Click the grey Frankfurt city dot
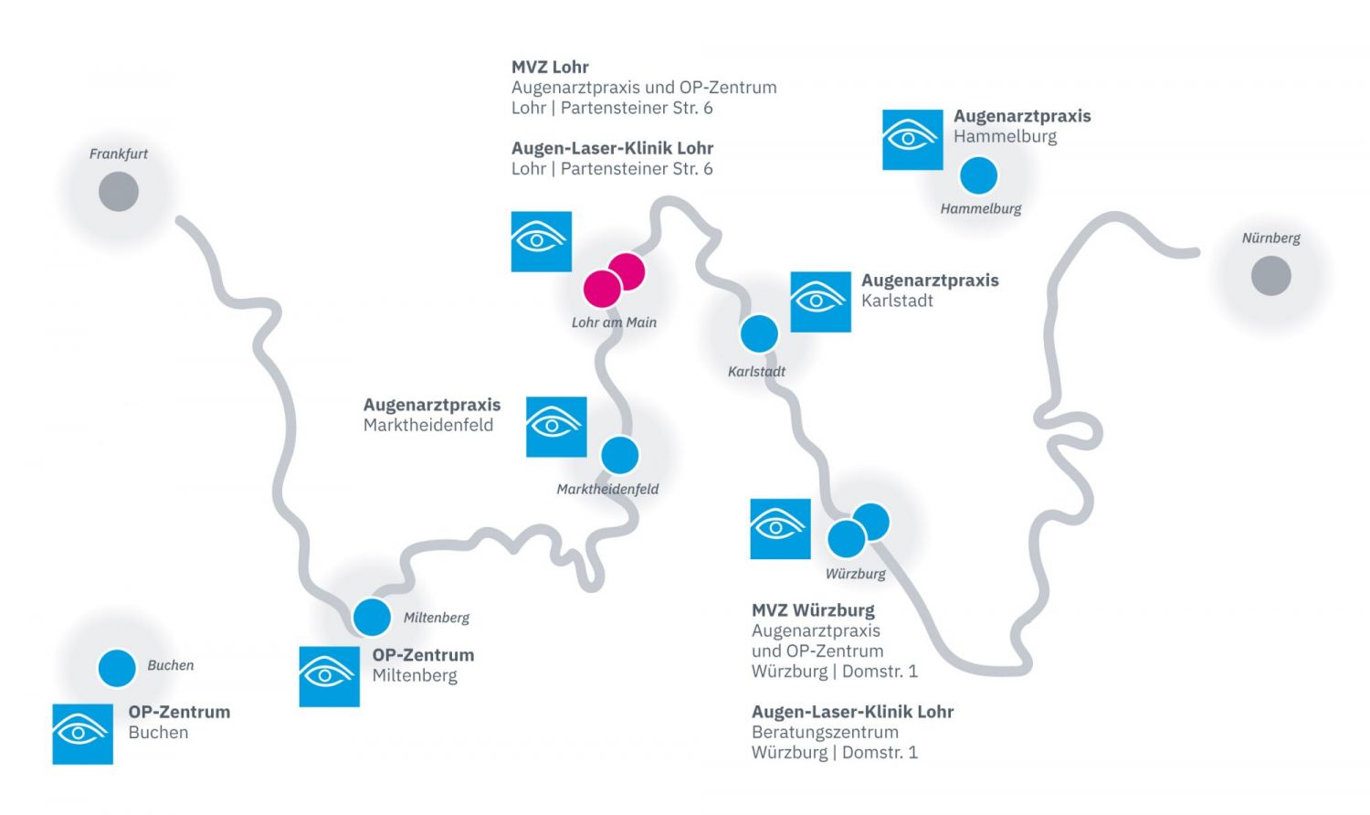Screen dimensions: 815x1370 click(119, 192)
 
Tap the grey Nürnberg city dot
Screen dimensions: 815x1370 click(1270, 276)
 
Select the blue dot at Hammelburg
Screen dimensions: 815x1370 click(978, 175)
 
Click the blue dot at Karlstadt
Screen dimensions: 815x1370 click(758, 333)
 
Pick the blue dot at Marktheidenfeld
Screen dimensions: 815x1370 click(620, 455)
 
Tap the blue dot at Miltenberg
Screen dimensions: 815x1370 click(372, 618)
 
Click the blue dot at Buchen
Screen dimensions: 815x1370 click(117, 669)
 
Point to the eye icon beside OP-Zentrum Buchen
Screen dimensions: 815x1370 click(82, 734)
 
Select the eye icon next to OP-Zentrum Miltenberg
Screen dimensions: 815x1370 click(329, 677)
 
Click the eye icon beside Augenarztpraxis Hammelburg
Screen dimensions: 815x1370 click(912, 140)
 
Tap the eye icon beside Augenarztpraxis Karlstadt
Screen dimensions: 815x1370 click(820, 302)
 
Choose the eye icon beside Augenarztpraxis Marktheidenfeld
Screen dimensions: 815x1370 click(556, 427)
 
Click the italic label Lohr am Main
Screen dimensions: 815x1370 click(614, 323)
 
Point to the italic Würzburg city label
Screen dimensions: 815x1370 click(855, 574)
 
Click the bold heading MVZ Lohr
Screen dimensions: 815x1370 click(550, 67)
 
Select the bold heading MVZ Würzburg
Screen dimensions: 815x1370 click(813, 610)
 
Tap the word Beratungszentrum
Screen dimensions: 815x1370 click(825, 732)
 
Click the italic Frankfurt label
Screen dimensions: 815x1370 click(119, 153)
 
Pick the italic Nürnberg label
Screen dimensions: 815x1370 click(1270, 238)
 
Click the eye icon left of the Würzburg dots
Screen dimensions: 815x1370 click(780, 529)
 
